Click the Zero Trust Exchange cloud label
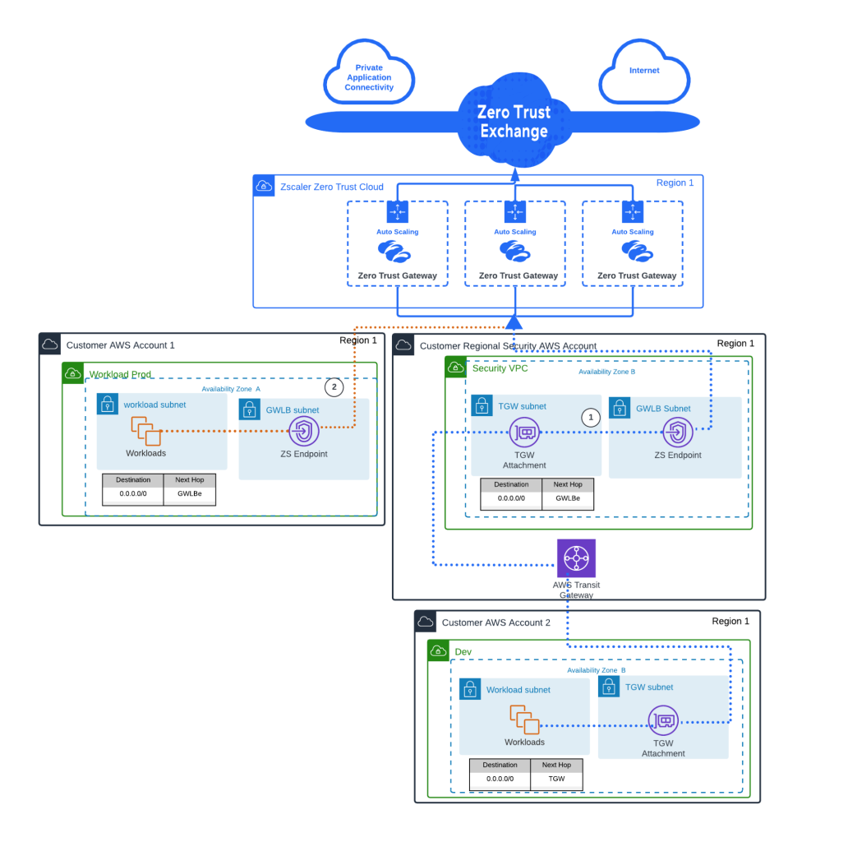[x=514, y=122]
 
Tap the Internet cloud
[x=644, y=72]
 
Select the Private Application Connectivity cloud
[x=369, y=78]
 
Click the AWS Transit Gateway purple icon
[x=576, y=559]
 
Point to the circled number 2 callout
[x=334, y=386]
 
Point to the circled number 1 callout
[x=589, y=417]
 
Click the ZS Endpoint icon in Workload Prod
[x=303, y=430]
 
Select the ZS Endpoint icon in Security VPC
[x=678, y=431]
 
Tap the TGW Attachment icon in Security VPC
[x=524, y=431]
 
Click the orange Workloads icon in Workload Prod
[x=145, y=430]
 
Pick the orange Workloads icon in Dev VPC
[x=523, y=720]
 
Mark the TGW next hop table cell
[x=556, y=778]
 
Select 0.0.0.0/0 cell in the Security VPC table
[x=511, y=498]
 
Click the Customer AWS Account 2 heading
[x=495, y=622]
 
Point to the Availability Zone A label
[x=231, y=389]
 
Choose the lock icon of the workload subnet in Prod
[x=107, y=404]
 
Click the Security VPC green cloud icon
[x=455, y=368]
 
